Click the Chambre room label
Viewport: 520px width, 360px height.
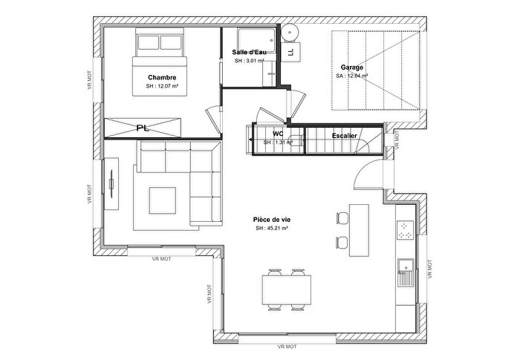(x=162, y=77)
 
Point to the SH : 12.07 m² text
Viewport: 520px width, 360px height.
(x=163, y=87)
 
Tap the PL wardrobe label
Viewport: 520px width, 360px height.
(x=143, y=128)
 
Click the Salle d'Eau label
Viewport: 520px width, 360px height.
(x=249, y=51)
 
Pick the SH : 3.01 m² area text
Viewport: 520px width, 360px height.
(x=250, y=61)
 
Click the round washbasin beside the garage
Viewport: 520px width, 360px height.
(x=290, y=32)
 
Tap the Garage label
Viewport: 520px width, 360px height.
(x=352, y=67)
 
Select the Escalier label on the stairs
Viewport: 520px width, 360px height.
(x=344, y=137)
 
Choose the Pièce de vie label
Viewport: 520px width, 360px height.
(x=271, y=220)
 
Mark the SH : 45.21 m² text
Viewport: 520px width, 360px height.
(x=271, y=229)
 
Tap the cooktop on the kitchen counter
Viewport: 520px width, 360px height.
(x=406, y=232)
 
